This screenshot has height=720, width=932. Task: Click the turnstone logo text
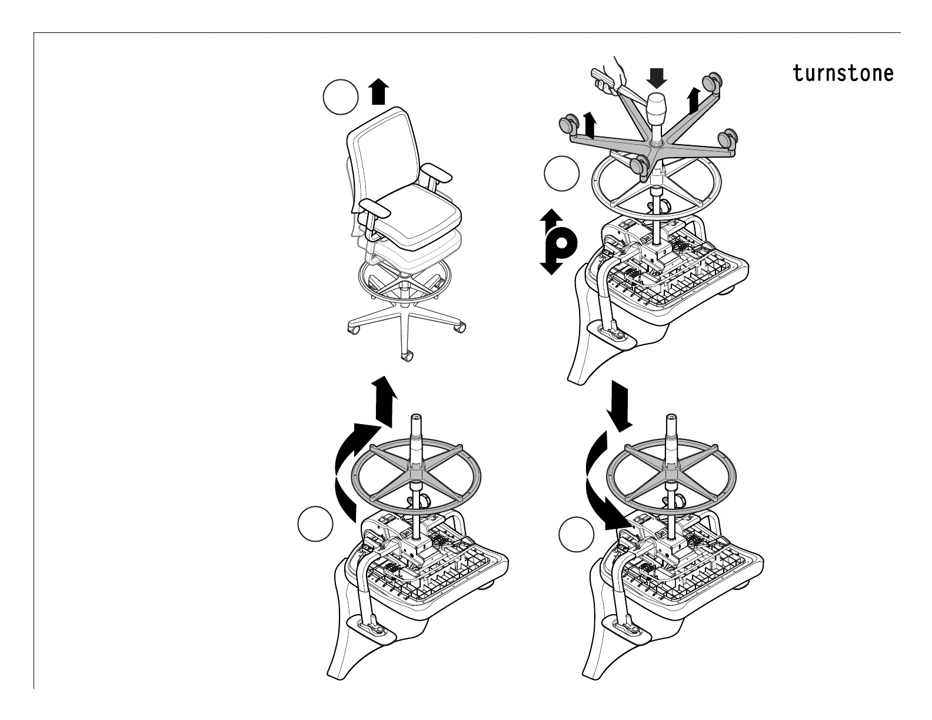coord(843,74)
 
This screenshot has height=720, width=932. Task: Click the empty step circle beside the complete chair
coord(341,98)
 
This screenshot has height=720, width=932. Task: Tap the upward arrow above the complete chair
coord(378,92)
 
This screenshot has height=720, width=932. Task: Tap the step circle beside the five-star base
coord(561,174)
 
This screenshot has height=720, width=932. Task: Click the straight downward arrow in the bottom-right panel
coord(620,404)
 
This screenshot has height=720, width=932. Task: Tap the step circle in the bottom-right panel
coord(575,534)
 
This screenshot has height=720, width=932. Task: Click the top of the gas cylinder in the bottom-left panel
coord(417,418)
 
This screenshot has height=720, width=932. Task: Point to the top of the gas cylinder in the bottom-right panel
coord(670,419)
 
